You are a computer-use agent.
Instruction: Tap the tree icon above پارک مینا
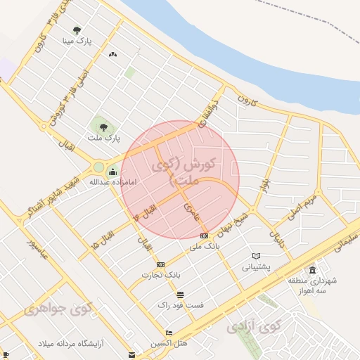[77, 30]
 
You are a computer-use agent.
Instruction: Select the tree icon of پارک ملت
[103, 127]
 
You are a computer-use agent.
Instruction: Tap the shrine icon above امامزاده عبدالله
[112, 170]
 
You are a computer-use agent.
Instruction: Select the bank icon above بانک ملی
[204, 236]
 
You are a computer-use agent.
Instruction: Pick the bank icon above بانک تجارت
[161, 264]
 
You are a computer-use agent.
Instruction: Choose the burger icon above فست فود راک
[181, 295]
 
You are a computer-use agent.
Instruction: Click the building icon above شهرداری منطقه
[312, 270]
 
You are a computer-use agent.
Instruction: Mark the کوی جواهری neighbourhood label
[58, 309]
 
